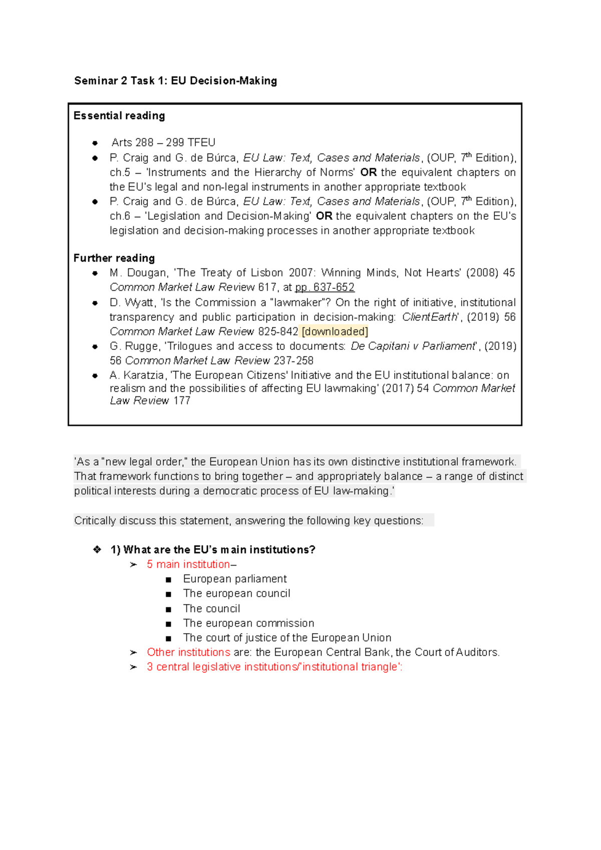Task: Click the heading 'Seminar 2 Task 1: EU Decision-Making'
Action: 175,81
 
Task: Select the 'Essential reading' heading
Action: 119,116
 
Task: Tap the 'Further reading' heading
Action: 114,258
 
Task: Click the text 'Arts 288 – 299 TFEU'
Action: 163,143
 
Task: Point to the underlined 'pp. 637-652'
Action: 325,287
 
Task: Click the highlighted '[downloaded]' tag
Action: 335,331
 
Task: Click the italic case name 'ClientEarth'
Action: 430,317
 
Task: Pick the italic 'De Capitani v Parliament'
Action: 413,346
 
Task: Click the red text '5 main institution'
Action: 188,564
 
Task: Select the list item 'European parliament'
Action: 235,579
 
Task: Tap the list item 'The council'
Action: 211,609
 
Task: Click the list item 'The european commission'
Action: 248,623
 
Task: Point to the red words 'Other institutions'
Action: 188,652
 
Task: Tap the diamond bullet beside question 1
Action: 97,550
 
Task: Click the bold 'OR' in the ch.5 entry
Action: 368,172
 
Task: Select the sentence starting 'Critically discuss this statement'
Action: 248,521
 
